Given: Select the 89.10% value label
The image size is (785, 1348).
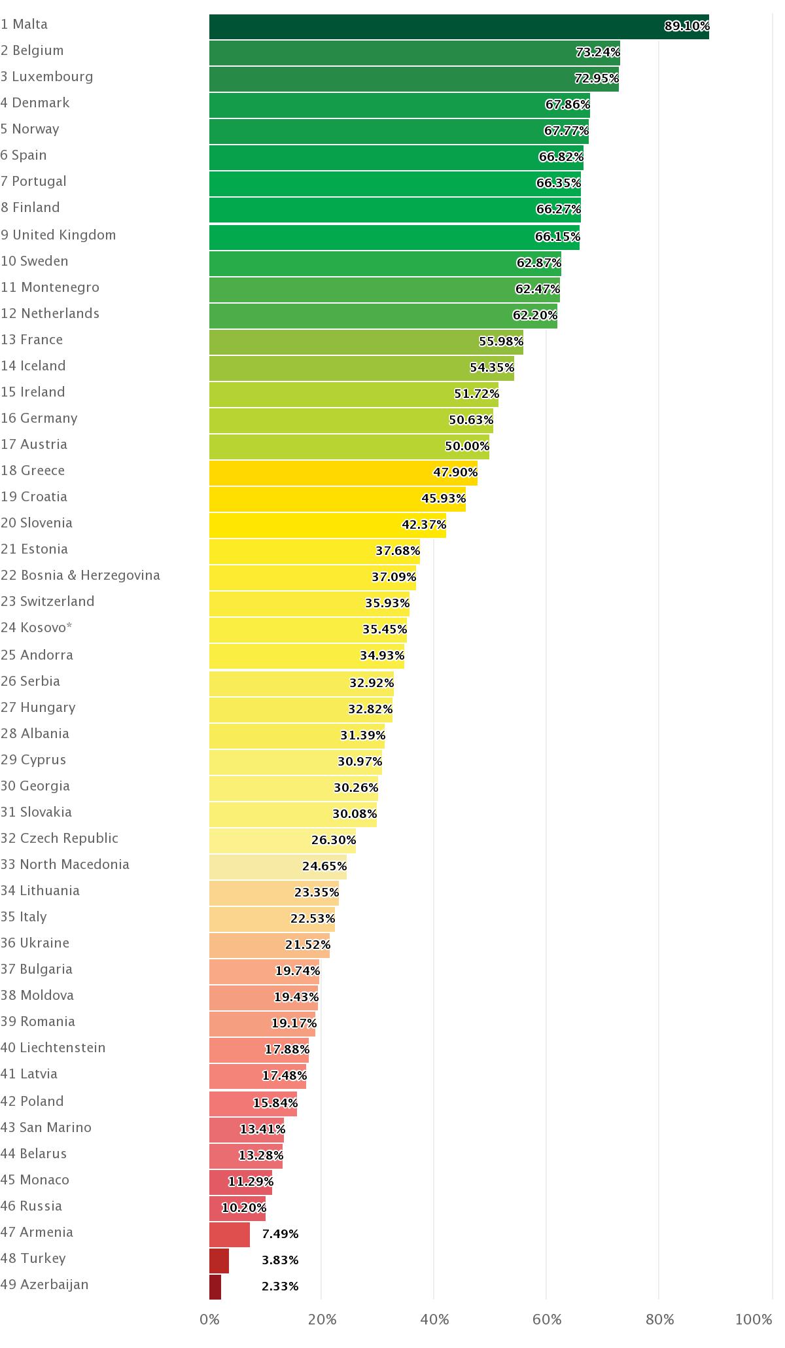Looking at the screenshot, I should (686, 26).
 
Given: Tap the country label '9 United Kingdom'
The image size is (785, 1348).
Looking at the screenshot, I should (58, 235).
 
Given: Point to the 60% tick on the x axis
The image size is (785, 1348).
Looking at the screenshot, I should (547, 1319).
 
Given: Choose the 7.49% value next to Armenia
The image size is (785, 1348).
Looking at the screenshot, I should (280, 1233).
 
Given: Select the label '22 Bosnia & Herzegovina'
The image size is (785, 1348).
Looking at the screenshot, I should (80, 575).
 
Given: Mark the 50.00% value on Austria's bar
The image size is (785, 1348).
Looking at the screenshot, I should (467, 446).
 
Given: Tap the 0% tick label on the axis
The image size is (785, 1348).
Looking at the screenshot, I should (209, 1319).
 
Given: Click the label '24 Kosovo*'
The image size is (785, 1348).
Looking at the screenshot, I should (37, 628).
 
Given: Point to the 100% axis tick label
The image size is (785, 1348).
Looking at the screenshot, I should (754, 1319).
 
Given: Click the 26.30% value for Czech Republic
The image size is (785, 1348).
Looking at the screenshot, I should (333, 840).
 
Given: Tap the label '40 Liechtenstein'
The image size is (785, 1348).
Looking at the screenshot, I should (53, 1048).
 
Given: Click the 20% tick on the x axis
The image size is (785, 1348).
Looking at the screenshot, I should (322, 1319).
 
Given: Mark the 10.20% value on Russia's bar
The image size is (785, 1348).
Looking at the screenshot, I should (243, 1207).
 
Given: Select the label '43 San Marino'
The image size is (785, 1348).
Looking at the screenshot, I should (46, 1127).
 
